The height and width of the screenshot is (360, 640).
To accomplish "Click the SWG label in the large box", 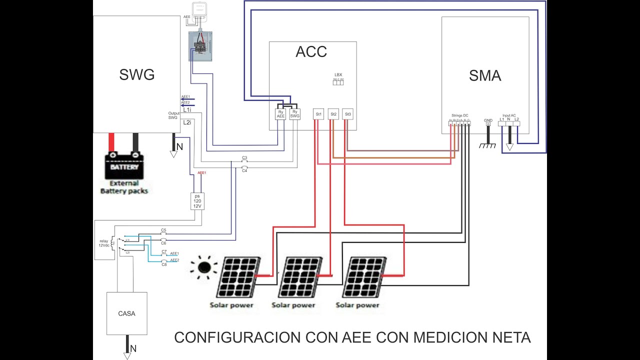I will [136, 75].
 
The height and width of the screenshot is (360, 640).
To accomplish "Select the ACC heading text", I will [311, 51].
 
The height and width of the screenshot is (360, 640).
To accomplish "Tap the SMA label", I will [484, 76].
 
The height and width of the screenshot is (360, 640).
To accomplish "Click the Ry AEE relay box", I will [281, 114].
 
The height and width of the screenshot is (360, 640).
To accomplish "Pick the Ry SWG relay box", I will [295, 114].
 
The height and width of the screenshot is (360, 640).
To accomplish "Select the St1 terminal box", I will [318, 114].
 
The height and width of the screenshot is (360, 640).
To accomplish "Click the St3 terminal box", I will [348, 114].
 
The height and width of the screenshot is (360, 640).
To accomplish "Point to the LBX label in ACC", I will [338, 75].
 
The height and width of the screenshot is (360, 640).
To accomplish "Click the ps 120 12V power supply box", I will [197, 201].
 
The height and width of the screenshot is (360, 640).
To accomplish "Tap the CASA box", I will [126, 313].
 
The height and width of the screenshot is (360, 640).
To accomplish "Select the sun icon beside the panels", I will [204, 267].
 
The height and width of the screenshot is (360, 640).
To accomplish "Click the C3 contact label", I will [244, 157].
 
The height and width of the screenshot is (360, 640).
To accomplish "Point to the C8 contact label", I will [164, 264].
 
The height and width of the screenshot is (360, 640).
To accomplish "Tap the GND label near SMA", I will [488, 120].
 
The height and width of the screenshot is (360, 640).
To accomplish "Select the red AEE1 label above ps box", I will [202, 173].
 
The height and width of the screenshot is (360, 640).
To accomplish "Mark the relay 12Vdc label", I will [103, 243].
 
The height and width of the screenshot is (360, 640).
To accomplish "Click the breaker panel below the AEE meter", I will [200, 46].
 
